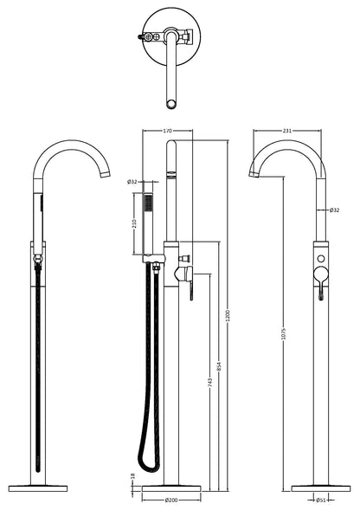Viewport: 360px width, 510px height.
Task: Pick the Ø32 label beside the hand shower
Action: coord(132,182)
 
